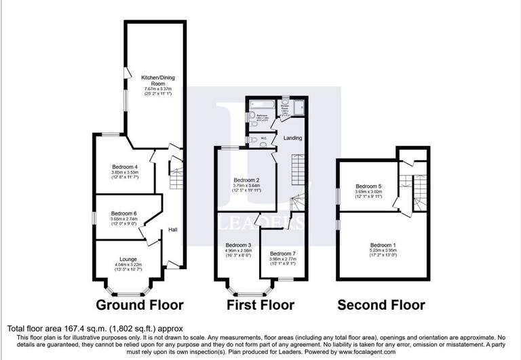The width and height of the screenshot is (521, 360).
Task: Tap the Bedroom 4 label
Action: pyautogui.click(x=124, y=167)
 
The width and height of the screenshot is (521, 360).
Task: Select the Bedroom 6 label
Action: pyautogui.click(x=124, y=214)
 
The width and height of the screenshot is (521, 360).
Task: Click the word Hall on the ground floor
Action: pyautogui.click(x=174, y=229)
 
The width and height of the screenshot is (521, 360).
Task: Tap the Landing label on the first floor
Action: pyautogui.click(x=292, y=138)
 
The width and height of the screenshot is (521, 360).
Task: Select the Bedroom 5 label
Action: pyautogui.click(x=369, y=186)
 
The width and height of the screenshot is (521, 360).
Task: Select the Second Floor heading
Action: pyautogui.click(x=381, y=305)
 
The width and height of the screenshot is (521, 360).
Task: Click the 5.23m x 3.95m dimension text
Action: pyautogui.click(x=383, y=250)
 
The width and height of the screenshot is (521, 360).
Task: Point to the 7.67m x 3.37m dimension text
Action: pyautogui.click(x=155, y=89)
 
